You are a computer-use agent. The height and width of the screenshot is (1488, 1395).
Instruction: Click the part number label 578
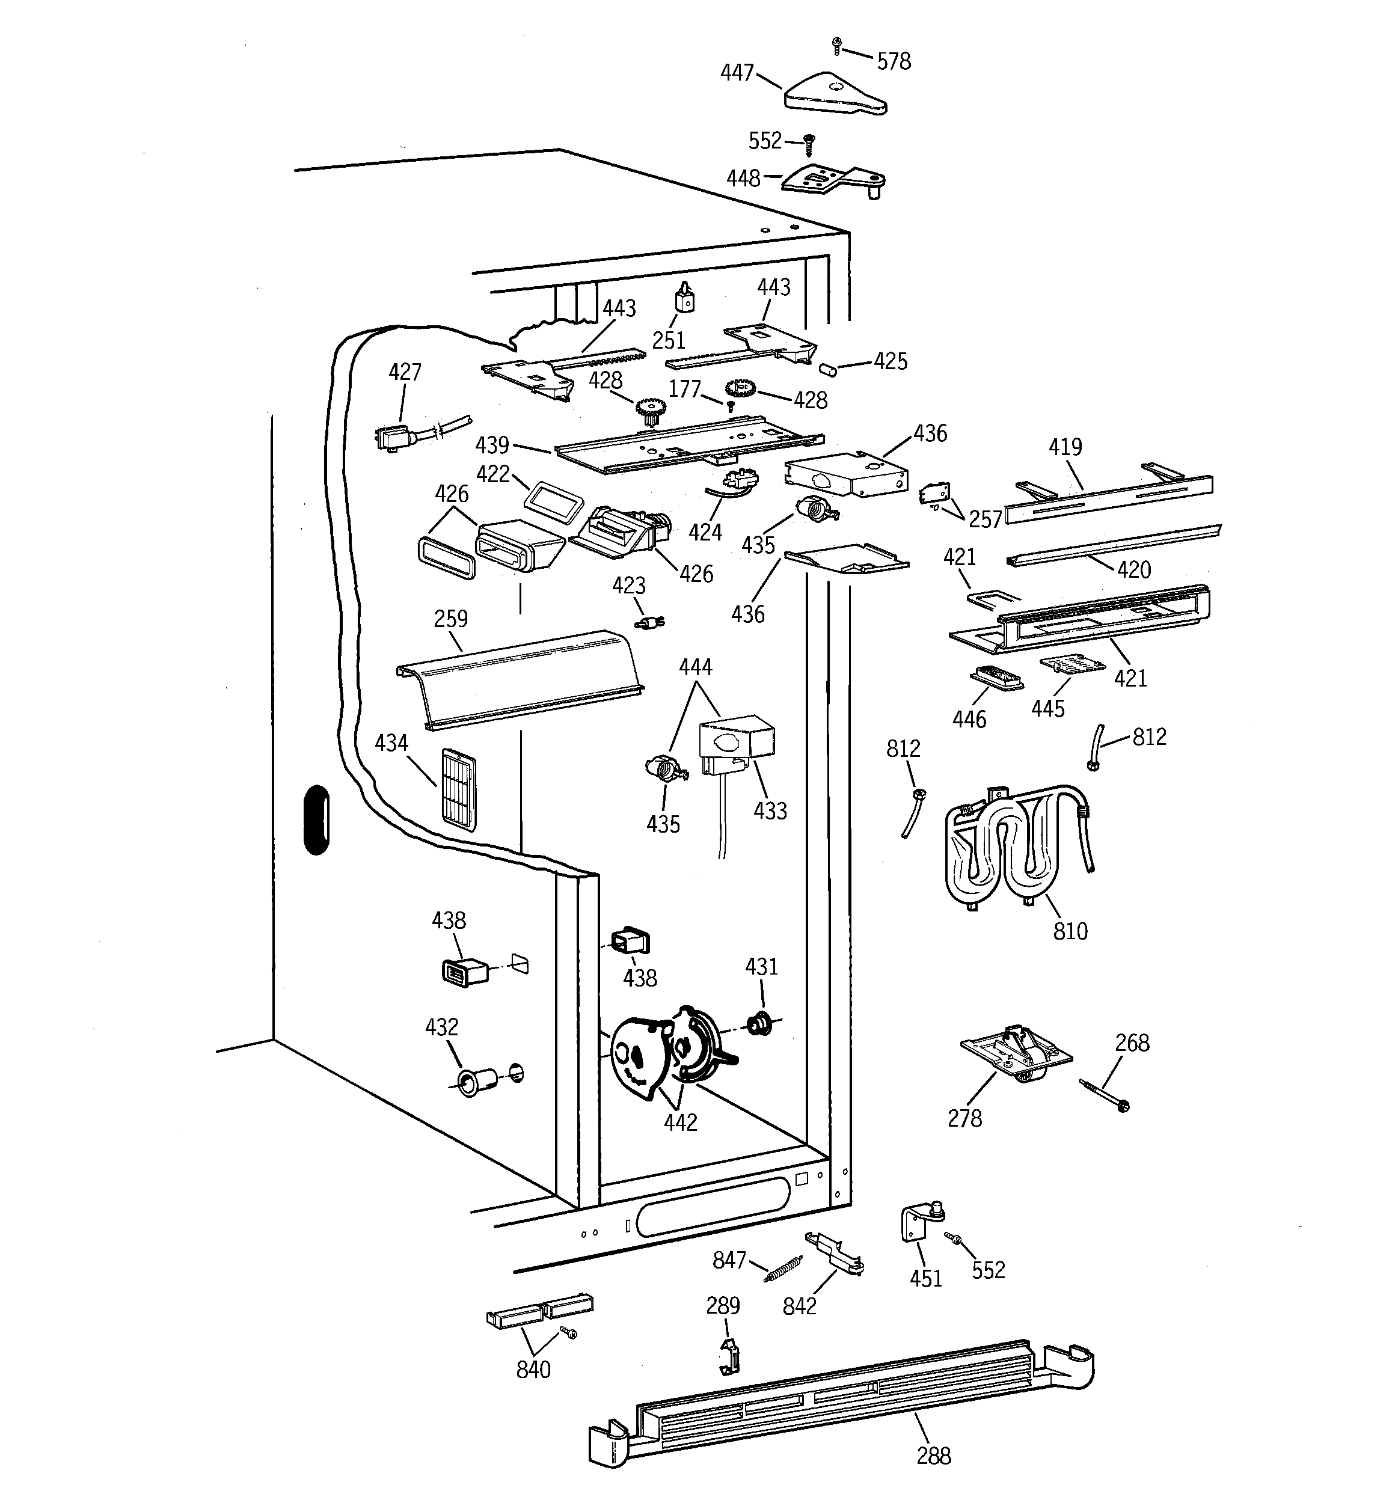(894, 61)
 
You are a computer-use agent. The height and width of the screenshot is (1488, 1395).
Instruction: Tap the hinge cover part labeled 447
(833, 95)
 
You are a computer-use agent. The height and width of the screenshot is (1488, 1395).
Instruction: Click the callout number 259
(451, 619)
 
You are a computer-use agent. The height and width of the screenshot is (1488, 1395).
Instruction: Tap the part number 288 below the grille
(934, 1456)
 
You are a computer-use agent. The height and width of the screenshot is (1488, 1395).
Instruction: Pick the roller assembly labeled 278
(1016, 1054)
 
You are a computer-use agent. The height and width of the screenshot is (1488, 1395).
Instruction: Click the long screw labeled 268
(1104, 1094)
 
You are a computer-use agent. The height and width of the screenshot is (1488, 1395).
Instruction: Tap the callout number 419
(1065, 447)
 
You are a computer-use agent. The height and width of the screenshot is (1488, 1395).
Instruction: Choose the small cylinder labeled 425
(828, 369)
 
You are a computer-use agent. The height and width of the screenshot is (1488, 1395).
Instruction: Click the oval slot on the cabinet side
(317, 819)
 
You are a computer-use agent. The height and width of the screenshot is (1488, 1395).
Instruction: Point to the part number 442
(680, 1122)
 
